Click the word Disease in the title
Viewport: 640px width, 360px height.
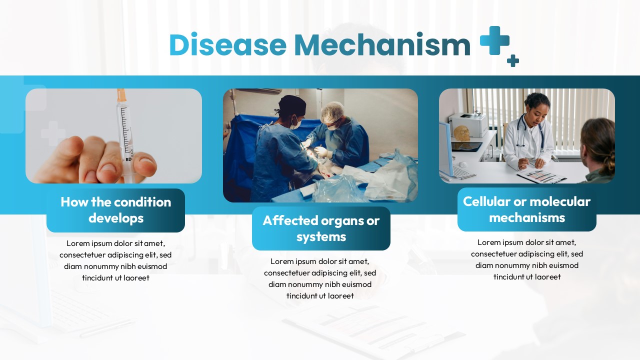point(227,44)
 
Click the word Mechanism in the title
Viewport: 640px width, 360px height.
point(382,44)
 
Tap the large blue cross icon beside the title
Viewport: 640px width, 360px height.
point(494,40)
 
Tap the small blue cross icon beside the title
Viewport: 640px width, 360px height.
point(513,60)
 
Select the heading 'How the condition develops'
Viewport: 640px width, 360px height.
point(115,210)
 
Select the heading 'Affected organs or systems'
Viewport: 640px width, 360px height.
point(321,228)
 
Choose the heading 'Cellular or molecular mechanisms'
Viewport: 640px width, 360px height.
point(527,209)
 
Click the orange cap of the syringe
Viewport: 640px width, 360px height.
point(121,95)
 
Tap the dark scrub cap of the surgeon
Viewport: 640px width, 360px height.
point(291,105)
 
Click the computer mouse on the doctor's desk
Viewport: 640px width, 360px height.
point(462,164)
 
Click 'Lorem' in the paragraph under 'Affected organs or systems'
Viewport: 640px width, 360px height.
point(282,261)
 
